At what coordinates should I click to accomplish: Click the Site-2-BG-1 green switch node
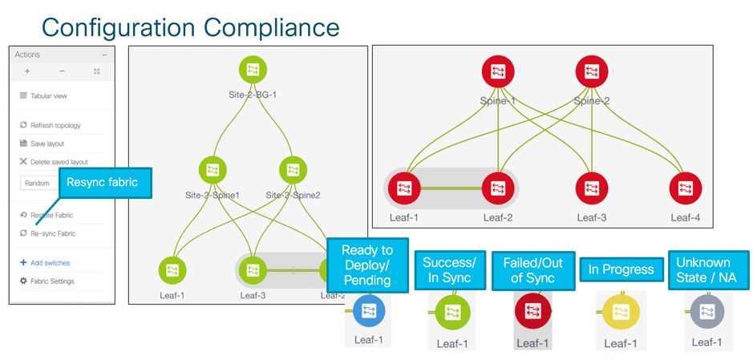point(253,71)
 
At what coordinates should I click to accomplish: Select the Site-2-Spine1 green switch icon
point(213,170)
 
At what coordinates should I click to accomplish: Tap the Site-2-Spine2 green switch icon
point(293,170)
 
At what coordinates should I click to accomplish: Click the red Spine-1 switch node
point(498,72)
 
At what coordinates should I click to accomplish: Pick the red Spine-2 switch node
point(592,72)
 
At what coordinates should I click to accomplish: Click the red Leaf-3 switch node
point(592,189)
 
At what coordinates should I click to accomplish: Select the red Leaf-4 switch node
point(686,189)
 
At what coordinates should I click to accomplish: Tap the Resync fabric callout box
point(102,183)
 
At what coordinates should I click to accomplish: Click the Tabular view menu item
point(48,95)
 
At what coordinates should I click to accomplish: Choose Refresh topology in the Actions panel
point(55,125)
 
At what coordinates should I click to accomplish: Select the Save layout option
point(47,144)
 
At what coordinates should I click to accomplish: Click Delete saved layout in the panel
point(59,162)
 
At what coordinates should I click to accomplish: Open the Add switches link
point(50,263)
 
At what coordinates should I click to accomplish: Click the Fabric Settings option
point(52,281)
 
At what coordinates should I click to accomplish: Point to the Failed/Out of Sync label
point(533,270)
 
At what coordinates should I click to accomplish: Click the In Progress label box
point(621,270)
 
